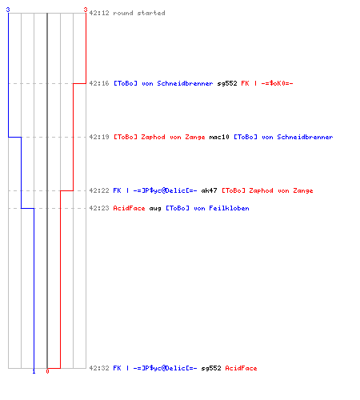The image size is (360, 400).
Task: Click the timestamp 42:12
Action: pyautogui.click(x=99, y=13)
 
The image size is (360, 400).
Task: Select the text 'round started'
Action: pyautogui.click(x=139, y=13)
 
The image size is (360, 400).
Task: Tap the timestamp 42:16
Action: pyautogui.click(x=99, y=83)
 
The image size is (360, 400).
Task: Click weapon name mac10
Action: pyautogui.click(x=219, y=137)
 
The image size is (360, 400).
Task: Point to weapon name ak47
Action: pyautogui.click(x=209, y=190)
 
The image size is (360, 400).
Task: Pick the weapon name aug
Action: pyautogui.click(x=155, y=208)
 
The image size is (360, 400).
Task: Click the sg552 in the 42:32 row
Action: pyautogui.click(x=211, y=368)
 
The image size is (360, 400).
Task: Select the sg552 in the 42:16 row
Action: pyautogui.click(x=227, y=83)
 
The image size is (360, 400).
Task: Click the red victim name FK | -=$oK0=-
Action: pyautogui.click(x=267, y=83)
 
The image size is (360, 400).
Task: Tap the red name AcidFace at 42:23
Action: pyautogui.click(x=129, y=208)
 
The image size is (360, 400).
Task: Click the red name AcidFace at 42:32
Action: pyautogui.click(x=241, y=368)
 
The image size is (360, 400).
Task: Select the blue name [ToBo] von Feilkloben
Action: pyautogui.click(x=207, y=208)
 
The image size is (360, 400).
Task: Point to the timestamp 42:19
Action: pyautogui.click(x=99, y=137)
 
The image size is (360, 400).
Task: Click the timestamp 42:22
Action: pyautogui.click(x=99, y=190)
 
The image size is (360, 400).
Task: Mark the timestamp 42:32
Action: pyautogui.click(x=99, y=368)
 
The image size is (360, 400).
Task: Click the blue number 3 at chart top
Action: pyautogui.click(x=8, y=10)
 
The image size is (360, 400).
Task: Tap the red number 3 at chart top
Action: pyautogui.click(x=86, y=10)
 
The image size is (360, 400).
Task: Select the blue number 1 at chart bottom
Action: pyautogui.click(x=34, y=371)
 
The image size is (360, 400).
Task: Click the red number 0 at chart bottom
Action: pyautogui.click(x=47, y=371)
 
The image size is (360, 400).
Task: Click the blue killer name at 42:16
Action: pyautogui.click(x=163, y=83)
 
